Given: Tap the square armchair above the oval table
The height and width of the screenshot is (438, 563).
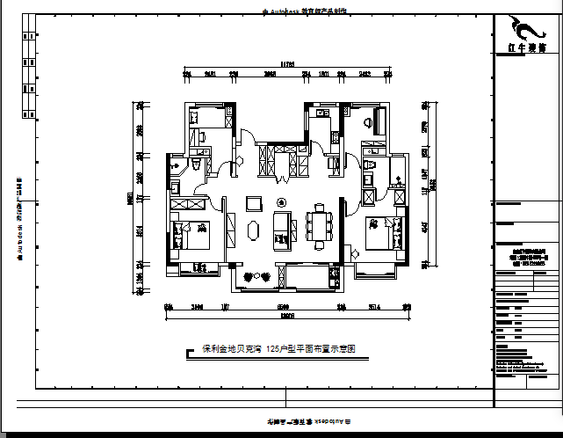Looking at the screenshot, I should (x=255, y=203).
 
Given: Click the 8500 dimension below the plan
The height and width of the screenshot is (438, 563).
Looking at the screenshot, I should (x=284, y=307).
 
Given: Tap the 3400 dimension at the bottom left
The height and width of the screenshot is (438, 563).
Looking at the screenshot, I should (x=198, y=307).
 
